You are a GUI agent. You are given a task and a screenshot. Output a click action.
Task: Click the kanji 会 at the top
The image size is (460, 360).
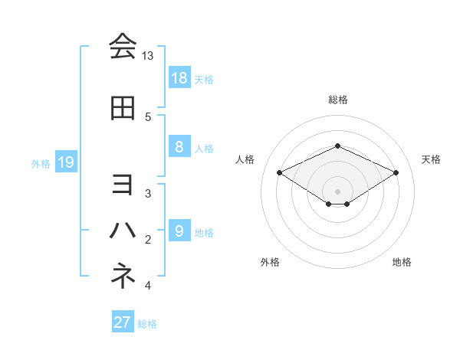(123, 46)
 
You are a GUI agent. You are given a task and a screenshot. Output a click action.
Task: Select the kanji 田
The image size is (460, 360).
(123, 109)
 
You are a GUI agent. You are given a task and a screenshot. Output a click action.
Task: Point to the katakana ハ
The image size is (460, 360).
(123, 230)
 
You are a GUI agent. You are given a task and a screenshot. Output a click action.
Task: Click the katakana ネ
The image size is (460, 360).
(123, 275)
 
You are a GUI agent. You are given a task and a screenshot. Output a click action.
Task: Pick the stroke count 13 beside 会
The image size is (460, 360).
(148, 57)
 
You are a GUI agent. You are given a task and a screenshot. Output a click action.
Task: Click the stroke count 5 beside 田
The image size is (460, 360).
(147, 117)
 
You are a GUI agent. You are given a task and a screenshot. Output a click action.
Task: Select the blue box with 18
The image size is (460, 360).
(179, 77)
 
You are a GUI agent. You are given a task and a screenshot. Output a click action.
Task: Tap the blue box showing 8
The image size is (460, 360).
(179, 147)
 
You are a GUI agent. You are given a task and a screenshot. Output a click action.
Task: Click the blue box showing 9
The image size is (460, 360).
(179, 231)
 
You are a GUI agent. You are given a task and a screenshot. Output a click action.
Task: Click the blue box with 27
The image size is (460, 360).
(123, 322)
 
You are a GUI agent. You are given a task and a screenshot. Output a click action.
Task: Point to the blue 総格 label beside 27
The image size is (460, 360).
(147, 324)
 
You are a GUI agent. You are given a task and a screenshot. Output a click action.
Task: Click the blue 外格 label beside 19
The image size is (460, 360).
(40, 163)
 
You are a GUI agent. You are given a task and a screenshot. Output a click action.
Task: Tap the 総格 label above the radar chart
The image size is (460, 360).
(337, 100)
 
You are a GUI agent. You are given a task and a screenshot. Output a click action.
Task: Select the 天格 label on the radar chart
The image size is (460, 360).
(431, 159)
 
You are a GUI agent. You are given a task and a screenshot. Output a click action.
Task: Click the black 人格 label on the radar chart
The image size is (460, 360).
(245, 159)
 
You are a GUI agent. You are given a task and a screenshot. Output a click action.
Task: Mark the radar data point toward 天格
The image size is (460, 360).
(396, 173)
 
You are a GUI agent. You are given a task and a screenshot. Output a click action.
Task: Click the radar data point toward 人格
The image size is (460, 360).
(280, 173)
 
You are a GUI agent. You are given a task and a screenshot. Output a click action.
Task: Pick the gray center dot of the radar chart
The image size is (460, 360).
(337, 190)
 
